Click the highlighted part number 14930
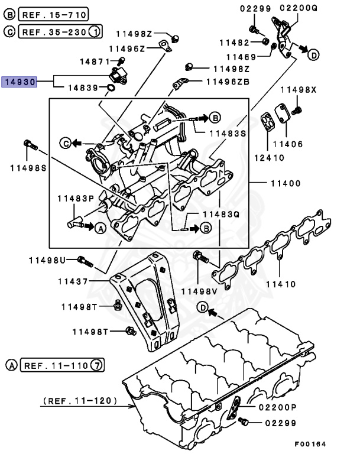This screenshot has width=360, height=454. click(20, 82)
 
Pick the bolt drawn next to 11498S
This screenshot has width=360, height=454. click(30, 144)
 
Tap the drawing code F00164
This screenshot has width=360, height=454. click(310, 443)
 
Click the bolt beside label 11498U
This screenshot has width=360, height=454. click(84, 260)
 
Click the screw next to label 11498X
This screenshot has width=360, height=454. click(297, 109)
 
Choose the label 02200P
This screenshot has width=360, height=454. click(277, 408)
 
